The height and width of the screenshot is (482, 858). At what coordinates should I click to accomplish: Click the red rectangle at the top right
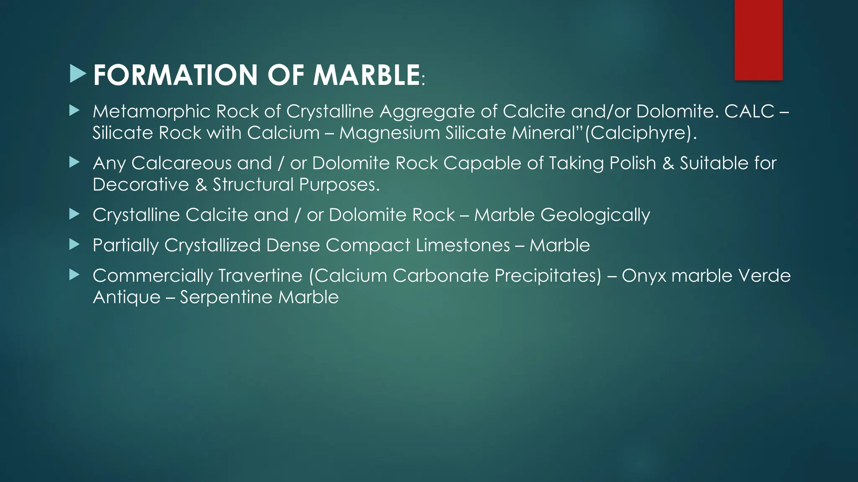pyautogui.click(x=758, y=40)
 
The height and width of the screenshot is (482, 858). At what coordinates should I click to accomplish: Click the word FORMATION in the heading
pyautogui.click(x=175, y=75)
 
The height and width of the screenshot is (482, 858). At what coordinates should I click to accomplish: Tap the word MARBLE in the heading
pyautogui.click(x=366, y=75)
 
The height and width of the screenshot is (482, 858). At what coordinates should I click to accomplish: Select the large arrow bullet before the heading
pyautogui.click(x=78, y=74)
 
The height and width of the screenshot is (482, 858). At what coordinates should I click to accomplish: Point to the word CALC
pyautogui.click(x=749, y=111)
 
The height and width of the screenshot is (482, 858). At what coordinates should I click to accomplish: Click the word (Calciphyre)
pyautogui.click(x=641, y=133)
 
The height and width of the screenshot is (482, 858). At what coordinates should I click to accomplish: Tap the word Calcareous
pyautogui.click(x=181, y=163)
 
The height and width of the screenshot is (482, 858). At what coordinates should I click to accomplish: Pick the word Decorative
pyautogui.click(x=141, y=185)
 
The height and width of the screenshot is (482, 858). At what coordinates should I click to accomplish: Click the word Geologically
pyautogui.click(x=595, y=215)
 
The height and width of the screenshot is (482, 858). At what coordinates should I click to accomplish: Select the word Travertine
pyautogui.click(x=260, y=276)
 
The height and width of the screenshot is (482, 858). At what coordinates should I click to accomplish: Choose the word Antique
pyautogui.click(x=127, y=297)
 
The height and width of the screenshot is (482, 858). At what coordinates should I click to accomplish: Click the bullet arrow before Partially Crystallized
pyautogui.click(x=74, y=244)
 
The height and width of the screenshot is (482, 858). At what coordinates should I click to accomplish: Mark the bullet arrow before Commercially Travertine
pyautogui.click(x=74, y=275)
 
